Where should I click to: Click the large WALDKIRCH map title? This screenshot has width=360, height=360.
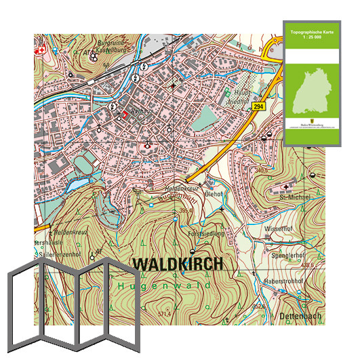coord(177,264)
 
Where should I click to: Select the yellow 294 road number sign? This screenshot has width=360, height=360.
coord(258,107)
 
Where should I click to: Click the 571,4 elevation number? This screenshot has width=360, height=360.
coord(163,314)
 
